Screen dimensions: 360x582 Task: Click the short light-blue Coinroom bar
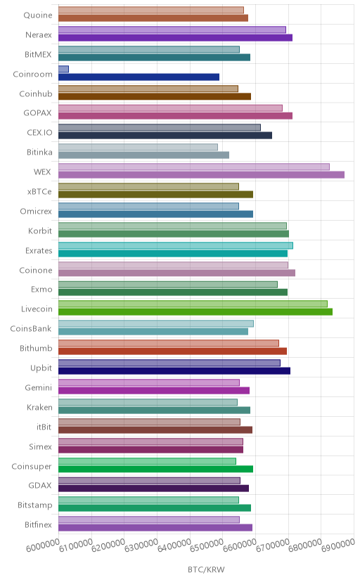[63, 69]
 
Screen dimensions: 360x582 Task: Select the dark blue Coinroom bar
[139, 77]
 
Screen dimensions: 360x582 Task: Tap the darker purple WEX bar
[202, 175]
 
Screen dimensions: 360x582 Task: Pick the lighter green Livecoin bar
[193, 304]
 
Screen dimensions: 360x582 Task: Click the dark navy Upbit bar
[174, 371]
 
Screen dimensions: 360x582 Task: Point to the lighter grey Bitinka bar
[138, 148]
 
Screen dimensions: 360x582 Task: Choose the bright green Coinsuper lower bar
[156, 469]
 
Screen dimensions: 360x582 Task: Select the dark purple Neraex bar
[176, 37]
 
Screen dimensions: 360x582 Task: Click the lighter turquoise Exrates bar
[176, 245]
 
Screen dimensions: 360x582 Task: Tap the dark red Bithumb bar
[172, 351]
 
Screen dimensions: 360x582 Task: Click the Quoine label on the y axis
[38, 15]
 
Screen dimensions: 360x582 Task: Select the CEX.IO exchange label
[39, 133]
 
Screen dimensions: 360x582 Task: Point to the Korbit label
[40, 231]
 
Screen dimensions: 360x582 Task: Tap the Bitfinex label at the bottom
[38, 525]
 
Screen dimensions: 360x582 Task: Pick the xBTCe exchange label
[39, 191]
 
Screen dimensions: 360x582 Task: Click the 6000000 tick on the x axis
[43, 545]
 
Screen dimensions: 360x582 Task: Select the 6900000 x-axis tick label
[338, 545]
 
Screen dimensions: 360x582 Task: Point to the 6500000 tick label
[207, 545]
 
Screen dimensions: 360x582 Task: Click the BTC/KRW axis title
[206, 570]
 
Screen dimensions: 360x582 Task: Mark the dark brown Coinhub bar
[155, 96]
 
